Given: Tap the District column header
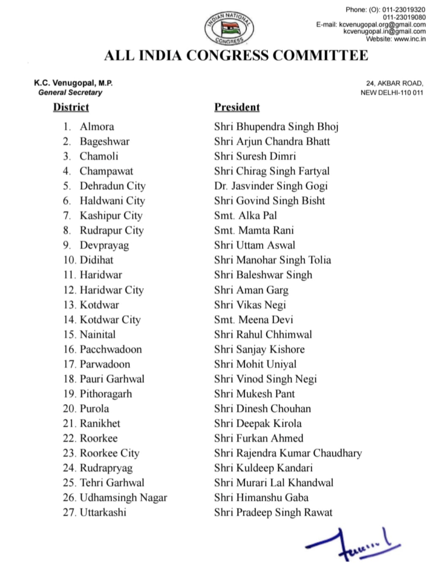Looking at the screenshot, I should (71, 107).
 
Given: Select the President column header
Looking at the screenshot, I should (237, 107).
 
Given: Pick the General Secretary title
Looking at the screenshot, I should (70, 93).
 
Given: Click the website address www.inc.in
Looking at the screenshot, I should (409, 39).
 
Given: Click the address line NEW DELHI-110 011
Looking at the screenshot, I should (393, 93).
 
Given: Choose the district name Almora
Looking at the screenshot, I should (97, 127).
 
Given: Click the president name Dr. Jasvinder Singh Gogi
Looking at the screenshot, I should (271, 186).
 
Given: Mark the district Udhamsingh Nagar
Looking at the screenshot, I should (123, 498).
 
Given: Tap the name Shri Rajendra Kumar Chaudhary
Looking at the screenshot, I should (288, 453).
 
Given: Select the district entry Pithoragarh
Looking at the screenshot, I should (107, 394).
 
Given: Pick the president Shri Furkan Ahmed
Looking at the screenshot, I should (258, 438).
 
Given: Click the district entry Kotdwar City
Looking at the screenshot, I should (110, 320).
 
